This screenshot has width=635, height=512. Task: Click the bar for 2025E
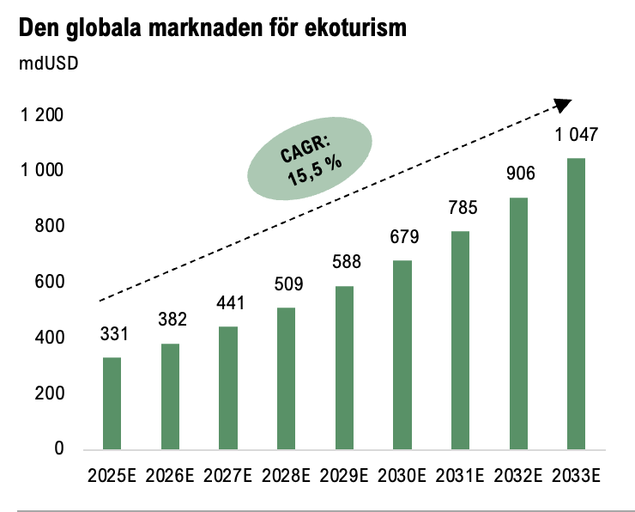click(112, 403)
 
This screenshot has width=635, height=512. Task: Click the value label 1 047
click(577, 135)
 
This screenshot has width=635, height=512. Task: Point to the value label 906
click(521, 174)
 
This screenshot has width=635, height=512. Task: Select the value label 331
click(112, 333)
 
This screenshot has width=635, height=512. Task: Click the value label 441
click(229, 302)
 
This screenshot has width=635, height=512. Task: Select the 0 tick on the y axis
click(59, 448)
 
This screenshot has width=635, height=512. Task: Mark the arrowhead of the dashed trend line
click(564, 103)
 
